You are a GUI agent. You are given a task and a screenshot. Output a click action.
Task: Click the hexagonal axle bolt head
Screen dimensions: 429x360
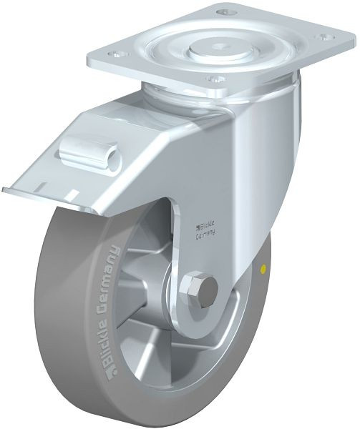(203, 290)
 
